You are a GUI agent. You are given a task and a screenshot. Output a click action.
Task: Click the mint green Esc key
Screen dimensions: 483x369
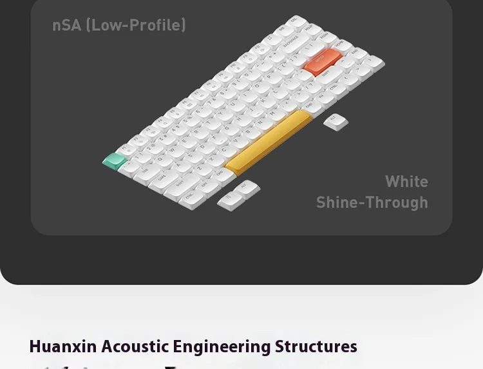115,161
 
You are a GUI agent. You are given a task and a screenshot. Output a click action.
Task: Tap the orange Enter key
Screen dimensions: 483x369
322,62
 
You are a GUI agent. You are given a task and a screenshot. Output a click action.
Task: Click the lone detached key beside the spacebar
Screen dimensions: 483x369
336,121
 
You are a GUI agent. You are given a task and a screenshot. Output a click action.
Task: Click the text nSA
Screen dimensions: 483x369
67,26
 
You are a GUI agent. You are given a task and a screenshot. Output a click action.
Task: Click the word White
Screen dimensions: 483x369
406,182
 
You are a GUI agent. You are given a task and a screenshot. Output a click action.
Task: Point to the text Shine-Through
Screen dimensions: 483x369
372,202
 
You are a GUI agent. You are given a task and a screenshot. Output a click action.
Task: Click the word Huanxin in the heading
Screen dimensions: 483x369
62,346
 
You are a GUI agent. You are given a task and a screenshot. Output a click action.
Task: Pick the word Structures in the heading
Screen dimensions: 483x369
316,346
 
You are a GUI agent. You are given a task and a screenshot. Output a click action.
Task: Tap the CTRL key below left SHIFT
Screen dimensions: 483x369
191,201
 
